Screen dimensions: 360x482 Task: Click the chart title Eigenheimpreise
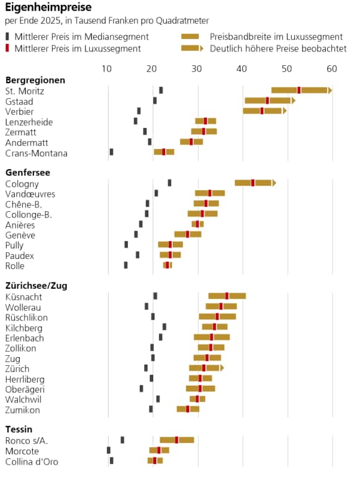(48, 7)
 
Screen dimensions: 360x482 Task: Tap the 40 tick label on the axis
(241, 68)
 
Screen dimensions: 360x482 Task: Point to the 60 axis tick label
(331, 68)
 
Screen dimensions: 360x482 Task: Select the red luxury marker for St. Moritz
(299, 90)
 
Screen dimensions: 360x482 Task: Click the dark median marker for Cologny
(169, 183)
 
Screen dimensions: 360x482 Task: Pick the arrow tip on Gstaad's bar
(295, 101)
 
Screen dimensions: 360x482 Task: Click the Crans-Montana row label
(36, 153)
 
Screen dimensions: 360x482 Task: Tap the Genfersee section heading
(28, 173)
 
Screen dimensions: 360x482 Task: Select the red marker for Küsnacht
(227, 296)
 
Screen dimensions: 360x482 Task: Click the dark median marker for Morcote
(109, 450)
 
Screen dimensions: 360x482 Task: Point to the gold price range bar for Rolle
(168, 265)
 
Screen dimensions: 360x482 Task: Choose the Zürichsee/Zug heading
(36, 286)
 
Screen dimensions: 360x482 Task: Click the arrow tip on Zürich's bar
(223, 368)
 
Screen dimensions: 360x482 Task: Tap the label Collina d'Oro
(32, 462)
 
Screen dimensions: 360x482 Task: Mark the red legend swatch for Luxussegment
(7, 48)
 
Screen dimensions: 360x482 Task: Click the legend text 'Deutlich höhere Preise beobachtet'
(278, 48)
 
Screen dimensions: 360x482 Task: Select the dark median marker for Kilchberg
(164, 327)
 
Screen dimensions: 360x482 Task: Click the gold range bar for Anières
(197, 224)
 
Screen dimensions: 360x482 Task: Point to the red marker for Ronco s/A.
(177, 440)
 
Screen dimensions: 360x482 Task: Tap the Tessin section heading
(19, 429)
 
